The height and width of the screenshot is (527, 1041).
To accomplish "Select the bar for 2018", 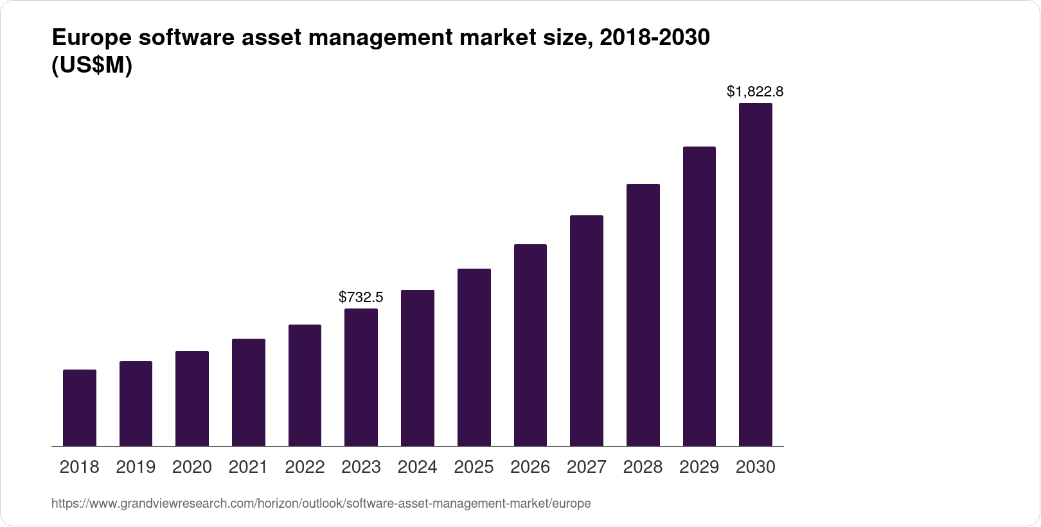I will pos(80,407).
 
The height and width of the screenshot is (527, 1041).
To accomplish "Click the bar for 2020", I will pos(192,398).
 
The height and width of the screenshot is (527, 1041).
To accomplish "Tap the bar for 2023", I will pos(361,377).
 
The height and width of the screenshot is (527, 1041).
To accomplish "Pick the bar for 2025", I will pos(474,357).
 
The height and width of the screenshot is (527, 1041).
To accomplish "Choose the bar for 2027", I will pos(586,330).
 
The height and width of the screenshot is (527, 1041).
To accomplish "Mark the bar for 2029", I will pos(699,296).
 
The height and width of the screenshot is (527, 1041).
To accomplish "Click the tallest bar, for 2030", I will pos(756,274).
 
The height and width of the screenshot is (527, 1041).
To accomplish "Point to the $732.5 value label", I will pos(361,297).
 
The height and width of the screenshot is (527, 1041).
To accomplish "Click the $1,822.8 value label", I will pos(755,92).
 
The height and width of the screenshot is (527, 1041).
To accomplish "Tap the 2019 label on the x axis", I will pos(136,467).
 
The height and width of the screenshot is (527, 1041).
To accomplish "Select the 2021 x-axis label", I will pos(248,467).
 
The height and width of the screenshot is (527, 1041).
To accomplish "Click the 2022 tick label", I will pos(305,467).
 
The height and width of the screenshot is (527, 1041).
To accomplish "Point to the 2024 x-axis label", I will pos(417,467).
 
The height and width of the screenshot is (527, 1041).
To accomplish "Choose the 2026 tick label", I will pos(530,467).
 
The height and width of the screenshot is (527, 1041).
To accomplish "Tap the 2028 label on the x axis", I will pos(643,467).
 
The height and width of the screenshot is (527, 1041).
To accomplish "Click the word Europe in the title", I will pos(91,39).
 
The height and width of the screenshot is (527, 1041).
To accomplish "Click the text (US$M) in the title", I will pos(92,66).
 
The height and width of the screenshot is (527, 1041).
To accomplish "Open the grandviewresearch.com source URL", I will pos(321,504).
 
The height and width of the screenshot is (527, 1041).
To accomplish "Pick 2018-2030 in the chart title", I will pos(654,39).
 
